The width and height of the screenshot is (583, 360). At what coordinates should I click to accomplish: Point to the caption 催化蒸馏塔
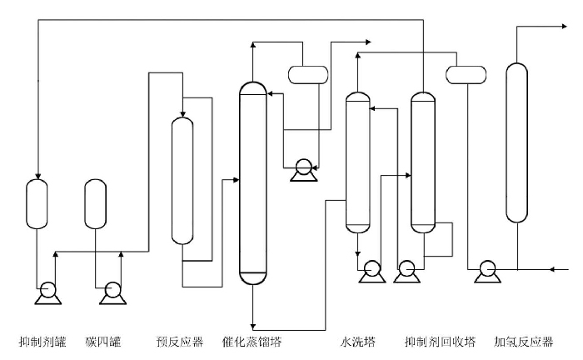tap(252, 342)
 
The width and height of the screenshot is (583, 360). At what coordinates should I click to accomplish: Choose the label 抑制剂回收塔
tap(440, 342)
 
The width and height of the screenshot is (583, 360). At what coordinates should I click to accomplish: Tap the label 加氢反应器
tap(523, 342)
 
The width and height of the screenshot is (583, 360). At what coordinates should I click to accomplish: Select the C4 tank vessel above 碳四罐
tap(96, 203)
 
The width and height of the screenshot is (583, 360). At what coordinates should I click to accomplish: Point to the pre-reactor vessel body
tap(182, 180)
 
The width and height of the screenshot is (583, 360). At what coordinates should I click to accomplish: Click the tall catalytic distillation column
tap(252, 183)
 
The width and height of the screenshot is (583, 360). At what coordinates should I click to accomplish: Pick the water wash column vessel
tap(357, 162)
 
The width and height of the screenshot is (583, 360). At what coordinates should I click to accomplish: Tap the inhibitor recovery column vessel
tap(423, 162)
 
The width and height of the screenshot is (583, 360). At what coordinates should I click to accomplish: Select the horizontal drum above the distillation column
tap(307, 74)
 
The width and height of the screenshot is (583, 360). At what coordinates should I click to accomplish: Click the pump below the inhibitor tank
tap(47, 291)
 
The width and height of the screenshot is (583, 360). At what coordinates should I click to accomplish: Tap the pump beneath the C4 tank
tap(111, 291)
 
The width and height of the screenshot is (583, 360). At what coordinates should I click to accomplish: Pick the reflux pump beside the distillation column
tap(301, 170)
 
